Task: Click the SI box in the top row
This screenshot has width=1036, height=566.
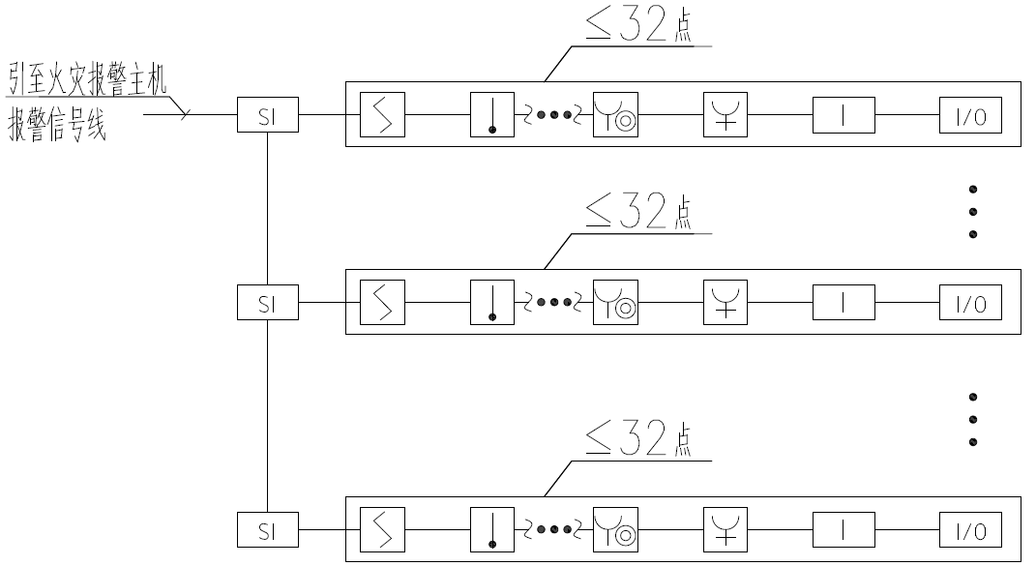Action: [x=268, y=117]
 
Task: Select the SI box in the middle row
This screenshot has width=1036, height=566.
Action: [x=268, y=305]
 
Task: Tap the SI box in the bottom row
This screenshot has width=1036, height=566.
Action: [x=268, y=529]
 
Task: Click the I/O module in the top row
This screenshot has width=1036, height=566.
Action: [x=970, y=117]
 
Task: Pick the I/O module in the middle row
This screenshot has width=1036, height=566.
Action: [x=970, y=305]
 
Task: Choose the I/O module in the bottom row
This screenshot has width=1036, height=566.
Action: [x=970, y=529]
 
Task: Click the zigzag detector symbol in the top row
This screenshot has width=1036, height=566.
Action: [x=382, y=117]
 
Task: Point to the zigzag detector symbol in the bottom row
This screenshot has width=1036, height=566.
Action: [x=382, y=529]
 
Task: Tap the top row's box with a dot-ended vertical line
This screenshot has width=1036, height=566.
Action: [x=493, y=117]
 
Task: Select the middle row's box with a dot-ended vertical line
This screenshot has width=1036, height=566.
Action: [x=493, y=305]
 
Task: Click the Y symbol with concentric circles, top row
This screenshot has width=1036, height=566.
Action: [x=615, y=117]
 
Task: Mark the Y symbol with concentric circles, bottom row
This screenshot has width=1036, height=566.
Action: [x=615, y=529]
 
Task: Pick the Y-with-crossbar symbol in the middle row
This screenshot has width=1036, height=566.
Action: [x=726, y=305]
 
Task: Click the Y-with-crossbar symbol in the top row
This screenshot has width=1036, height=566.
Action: [x=726, y=117]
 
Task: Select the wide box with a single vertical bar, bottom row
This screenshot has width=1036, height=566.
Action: [x=843, y=529]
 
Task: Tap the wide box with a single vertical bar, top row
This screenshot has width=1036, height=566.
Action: [x=843, y=117]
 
